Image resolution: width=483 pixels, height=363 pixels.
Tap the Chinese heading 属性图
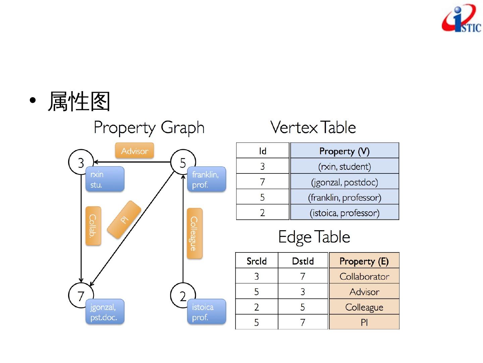point(79,101)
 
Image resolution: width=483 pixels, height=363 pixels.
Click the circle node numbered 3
point(80,162)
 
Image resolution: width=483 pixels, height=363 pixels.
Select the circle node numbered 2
point(182,295)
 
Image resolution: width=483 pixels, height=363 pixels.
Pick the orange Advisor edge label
point(135,151)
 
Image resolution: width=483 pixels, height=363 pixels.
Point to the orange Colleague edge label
point(194,233)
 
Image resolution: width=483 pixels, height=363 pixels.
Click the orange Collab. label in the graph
point(93,226)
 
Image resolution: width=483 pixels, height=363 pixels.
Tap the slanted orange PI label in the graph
point(124,220)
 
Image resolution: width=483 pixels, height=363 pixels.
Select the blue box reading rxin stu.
point(105,179)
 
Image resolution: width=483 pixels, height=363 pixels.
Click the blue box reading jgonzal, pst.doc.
point(105,312)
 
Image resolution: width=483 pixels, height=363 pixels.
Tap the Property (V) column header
point(344,151)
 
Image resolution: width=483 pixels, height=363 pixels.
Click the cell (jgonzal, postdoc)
point(344,182)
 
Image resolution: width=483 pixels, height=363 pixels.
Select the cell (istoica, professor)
point(344,213)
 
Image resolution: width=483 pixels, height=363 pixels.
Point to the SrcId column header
point(257,261)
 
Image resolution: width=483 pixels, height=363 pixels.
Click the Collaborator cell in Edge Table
point(364,276)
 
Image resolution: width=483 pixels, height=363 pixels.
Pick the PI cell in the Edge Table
point(364,322)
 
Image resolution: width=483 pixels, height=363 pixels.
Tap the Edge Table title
point(314,237)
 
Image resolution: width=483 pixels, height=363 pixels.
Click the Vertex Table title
point(313,127)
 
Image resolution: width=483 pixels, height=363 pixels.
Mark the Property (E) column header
point(364,261)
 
